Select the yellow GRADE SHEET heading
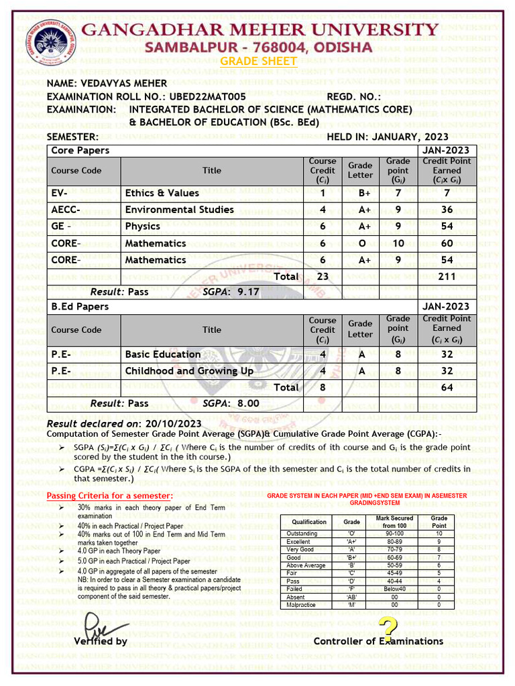(258, 61)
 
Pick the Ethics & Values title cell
(162, 193)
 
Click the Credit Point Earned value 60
(447, 243)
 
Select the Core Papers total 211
(447, 276)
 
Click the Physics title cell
(142, 226)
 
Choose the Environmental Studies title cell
(180, 210)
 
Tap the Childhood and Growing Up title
(190, 370)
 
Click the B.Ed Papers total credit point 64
(447, 387)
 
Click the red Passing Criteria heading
(109, 495)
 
